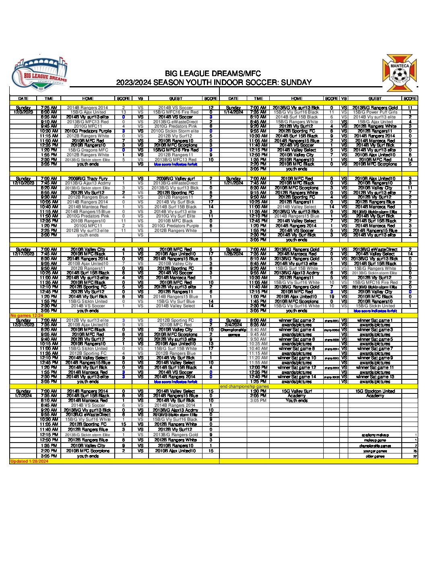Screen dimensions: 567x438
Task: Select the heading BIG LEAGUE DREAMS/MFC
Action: [x=213, y=74]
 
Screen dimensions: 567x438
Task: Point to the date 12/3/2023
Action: [x=23, y=112]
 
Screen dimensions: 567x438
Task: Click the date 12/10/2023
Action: [x=23, y=183]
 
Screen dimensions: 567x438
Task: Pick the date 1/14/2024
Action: [x=233, y=112]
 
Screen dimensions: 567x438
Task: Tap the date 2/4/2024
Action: [x=233, y=325]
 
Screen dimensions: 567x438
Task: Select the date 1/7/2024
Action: [x=23, y=396]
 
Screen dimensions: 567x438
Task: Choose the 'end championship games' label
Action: [x=245, y=387]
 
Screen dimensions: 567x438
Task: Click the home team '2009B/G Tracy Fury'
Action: [x=88, y=178]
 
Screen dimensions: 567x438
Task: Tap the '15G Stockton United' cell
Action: [x=375, y=391]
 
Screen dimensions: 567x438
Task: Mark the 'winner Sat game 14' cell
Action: [x=297, y=377]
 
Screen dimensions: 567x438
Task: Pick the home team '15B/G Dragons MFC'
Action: [x=88, y=150]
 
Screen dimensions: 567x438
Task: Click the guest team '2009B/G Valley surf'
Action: [x=176, y=178]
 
